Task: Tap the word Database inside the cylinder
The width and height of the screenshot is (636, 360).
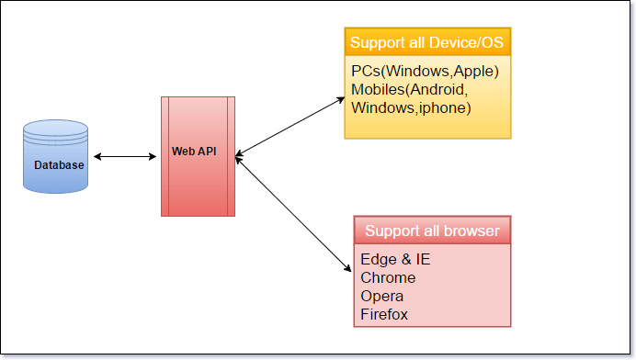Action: click(x=59, y=165)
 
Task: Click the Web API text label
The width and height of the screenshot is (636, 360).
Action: click(x=195, y=151)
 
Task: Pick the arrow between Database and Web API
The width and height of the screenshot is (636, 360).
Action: click(x=126, y=157)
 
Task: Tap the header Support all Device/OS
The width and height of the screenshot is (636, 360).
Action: click(x=426, y=42)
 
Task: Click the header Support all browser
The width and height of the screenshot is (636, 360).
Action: click(x=432, y=231)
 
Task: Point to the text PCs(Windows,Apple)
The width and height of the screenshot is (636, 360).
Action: click(x=425, y=71)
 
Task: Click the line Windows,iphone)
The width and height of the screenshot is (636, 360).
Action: click(x=411, y=107)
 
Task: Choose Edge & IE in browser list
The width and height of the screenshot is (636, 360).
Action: click(x=395, y=259)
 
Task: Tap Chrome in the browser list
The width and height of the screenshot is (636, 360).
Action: click(x=388, y=277)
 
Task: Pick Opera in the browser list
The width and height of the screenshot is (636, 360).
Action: click(x=382, y=296)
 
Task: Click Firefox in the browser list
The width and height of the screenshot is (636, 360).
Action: click(x=384, y=314)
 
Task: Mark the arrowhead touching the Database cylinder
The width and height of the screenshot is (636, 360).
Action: click(x=98, y=157)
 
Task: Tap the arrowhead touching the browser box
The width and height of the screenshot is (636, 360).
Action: click(x=348, y=268)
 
